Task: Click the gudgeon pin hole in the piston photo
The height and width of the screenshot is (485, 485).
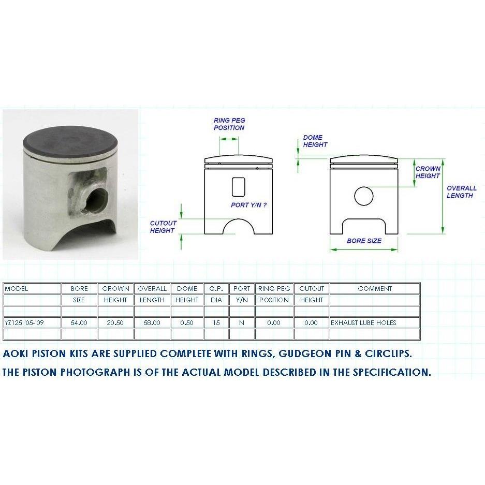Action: [96, 201]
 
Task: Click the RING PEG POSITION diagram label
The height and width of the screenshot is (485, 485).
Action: [229, 124]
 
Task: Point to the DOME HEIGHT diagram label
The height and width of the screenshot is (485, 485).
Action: [315, 141]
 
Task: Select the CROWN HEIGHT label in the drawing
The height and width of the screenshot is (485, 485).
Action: [428, 172]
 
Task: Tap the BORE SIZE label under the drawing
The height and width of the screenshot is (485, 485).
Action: [364, 241]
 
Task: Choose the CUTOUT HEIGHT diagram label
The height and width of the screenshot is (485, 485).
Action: [163, 227]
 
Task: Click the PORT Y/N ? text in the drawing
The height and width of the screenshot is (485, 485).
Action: [248, 205]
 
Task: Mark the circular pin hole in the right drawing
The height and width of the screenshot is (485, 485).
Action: [364, 196]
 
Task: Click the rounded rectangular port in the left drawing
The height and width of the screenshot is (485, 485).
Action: [239, 187]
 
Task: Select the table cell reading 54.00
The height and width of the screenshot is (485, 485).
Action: [79, 322]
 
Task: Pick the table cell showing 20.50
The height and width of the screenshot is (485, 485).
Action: [115, 322]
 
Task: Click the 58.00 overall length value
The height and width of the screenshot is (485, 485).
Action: [152, 322]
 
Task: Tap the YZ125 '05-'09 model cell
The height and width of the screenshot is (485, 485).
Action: [32, 322]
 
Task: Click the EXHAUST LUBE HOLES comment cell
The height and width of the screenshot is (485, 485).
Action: [375, 322]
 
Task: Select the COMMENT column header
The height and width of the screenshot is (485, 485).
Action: [375, 289]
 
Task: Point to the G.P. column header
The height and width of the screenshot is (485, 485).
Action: [216, 289]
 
